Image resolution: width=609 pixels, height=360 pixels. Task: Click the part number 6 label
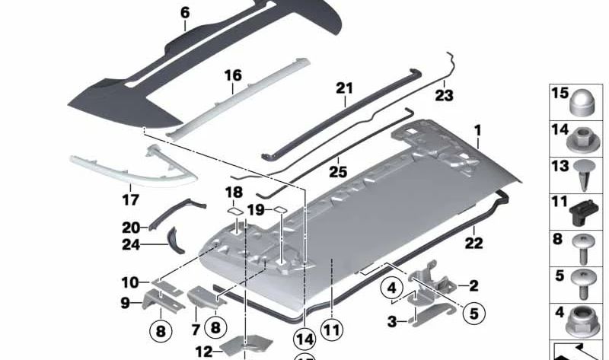click(184, 12)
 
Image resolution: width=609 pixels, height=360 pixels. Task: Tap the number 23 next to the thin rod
click(444, 96)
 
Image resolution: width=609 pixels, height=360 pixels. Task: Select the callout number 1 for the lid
click(477, 131)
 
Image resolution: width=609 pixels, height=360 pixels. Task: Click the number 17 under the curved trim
click(130, 201)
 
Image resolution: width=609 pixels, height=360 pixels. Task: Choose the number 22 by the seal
click(473, 244)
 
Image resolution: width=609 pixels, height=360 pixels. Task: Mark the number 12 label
click(203, 352)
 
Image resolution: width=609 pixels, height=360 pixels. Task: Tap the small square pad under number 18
click(235, 212)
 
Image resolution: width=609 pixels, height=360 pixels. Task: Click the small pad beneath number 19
click(279, 210)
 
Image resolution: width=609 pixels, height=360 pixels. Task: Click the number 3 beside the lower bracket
click(392, 323)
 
